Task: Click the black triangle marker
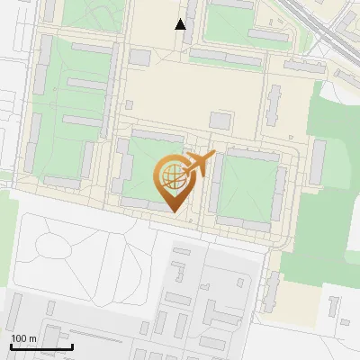coord(181,24)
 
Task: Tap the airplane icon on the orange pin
coord(198,165)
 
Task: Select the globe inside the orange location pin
coord(172,174)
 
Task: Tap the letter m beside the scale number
coord(33,338)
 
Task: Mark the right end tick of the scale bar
coord(72,346)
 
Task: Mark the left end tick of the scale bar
coord(10,346)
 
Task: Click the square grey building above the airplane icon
coord(220,120)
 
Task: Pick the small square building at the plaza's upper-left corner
coord(139,57)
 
